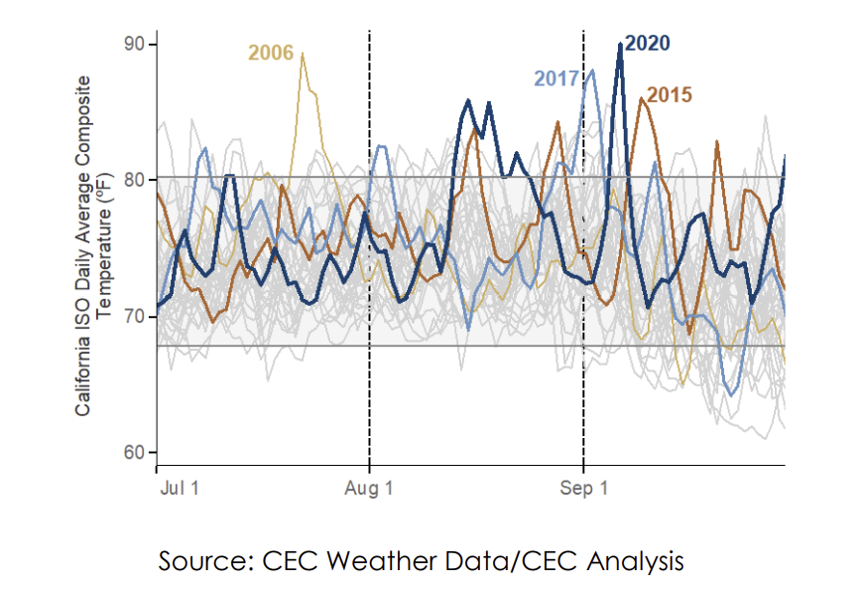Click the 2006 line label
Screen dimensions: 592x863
click(271, 53)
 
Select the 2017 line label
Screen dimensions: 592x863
click(556, 78)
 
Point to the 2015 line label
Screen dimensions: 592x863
click(670, 95)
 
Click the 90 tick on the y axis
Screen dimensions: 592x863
click(134, 45)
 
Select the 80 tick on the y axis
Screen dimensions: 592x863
click(134, 180)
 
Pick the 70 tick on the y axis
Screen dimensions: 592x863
click(134, 317)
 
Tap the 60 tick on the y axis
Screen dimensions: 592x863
click(134, 453)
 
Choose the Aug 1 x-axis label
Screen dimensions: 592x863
click(370, 489)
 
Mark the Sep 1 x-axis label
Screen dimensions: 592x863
click(583, 489)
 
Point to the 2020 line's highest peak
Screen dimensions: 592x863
click(621, 45)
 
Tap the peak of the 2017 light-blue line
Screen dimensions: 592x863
click(592, 71)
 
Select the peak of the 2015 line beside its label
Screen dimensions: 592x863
click(642, 99)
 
